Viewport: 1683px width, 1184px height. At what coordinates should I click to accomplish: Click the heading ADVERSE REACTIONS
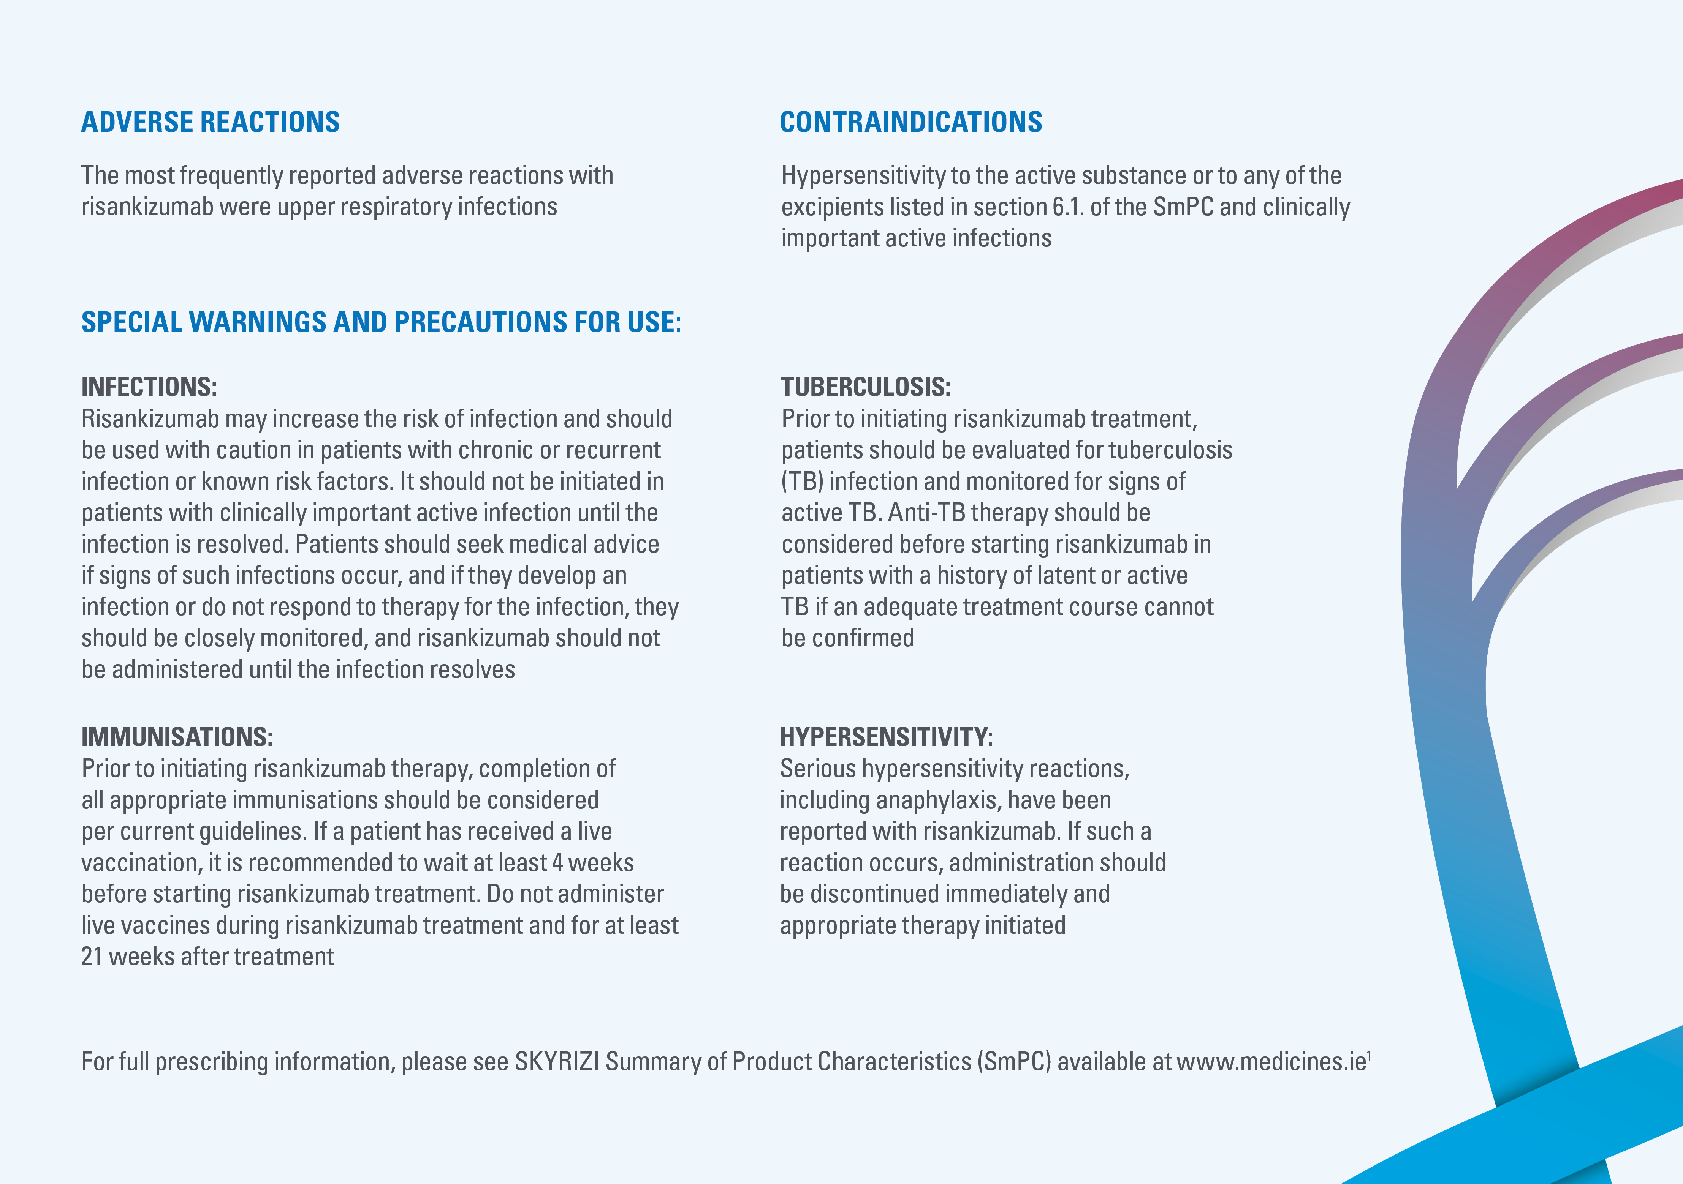pos(211,122)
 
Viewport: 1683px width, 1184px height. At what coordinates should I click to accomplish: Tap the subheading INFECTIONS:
pos(149,387)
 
